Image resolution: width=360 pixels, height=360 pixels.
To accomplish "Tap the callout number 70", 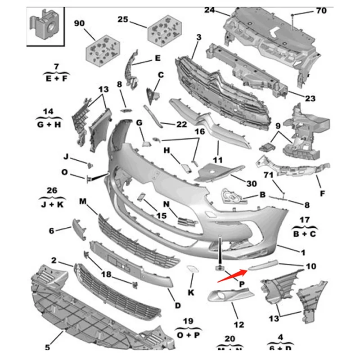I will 321,10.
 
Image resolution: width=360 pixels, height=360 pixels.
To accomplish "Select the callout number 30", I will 252,184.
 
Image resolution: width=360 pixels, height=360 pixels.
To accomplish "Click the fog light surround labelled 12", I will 229,296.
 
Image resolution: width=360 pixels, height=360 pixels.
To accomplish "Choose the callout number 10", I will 311,266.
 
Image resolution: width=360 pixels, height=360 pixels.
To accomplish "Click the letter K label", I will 191,293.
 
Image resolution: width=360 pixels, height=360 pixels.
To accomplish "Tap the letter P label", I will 241,284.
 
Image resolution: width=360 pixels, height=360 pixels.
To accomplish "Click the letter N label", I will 166,204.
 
